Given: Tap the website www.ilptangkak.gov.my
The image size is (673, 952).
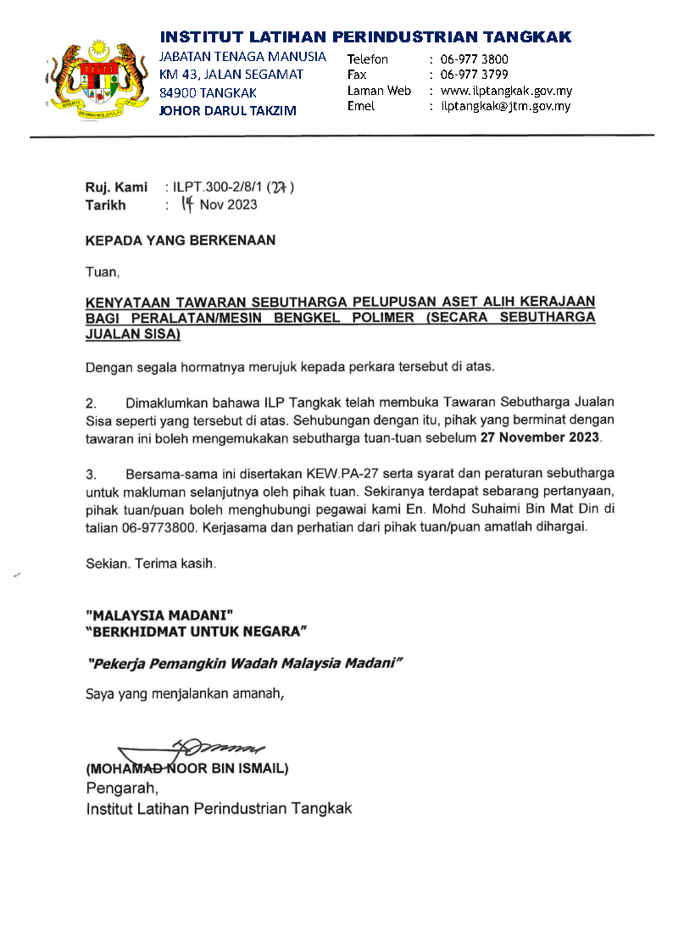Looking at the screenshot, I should [507, 91].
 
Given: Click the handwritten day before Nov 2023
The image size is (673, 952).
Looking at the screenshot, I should [187, 203].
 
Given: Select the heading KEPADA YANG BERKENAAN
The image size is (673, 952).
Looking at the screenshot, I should [181, 241].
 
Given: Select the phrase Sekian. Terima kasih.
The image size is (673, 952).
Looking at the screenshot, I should [151, 562].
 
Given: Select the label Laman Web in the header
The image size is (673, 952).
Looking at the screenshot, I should [379, 91].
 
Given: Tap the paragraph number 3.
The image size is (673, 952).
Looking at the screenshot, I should [91, 472].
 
